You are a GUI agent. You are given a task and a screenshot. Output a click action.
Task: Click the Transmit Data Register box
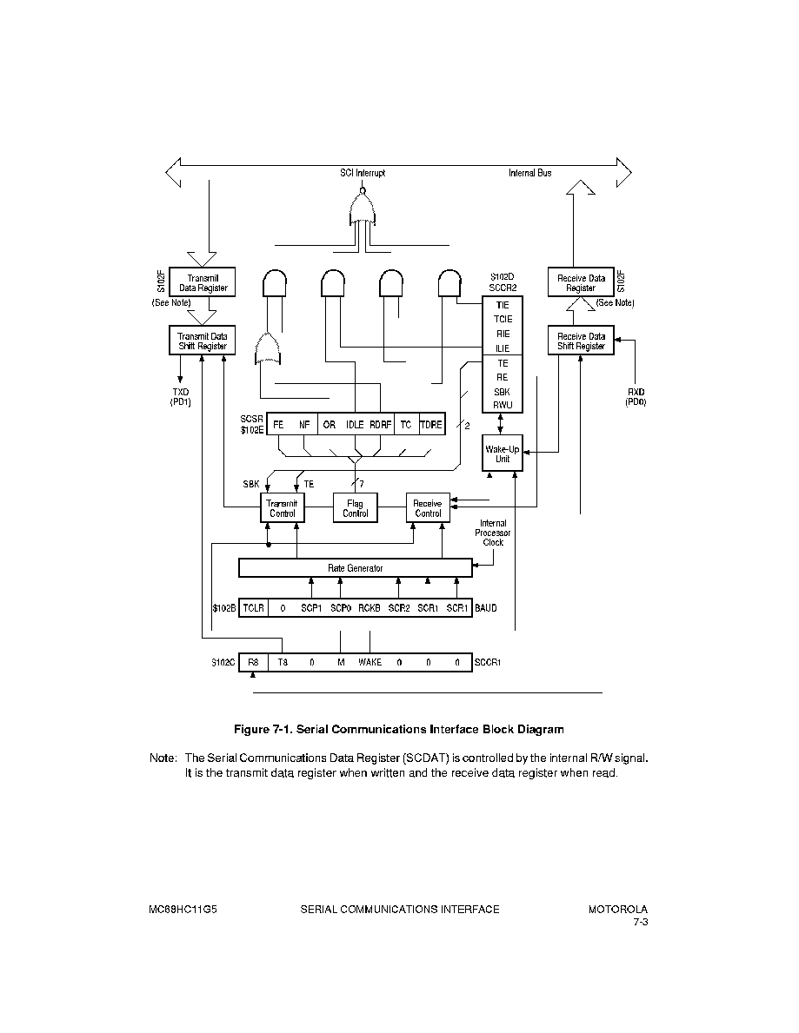click(x=203, y=282)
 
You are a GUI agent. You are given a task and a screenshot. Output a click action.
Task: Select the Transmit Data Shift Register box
click(x=203, y=340)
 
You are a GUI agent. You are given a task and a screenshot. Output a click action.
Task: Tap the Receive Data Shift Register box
click(x=581, y=340)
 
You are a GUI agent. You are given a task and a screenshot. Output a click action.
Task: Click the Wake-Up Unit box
click(x=503, y=454)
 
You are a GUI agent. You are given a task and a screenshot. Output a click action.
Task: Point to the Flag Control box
click(x=356, y=508)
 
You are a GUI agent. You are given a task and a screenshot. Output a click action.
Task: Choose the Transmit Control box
click(x=283, y=508)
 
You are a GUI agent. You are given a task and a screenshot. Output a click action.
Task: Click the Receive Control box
click(x=428, y=508)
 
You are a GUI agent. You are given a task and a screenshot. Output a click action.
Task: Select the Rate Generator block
click(x=356, y=568)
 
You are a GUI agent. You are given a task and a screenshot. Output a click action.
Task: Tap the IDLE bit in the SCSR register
click(x=355, y=425)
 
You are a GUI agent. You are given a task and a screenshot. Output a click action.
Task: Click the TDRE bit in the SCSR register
click(x=431, y=425)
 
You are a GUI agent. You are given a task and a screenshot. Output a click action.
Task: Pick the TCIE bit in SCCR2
click(x=503, y=320)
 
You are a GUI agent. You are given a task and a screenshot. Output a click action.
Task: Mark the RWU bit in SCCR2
click(x=503, y=405)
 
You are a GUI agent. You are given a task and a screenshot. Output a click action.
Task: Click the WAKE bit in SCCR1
click(x=370, y=662)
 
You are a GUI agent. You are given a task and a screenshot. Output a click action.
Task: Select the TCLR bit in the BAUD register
click(x=253, y=608)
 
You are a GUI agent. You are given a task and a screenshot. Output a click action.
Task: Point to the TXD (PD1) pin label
click(x=181, y=396)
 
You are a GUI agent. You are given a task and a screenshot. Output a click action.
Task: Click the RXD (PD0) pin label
click(x=636, y=396)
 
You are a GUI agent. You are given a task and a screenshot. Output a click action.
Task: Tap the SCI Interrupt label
click(x=363, y=173)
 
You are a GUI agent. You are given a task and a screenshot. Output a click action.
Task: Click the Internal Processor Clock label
click(x=492, y=533)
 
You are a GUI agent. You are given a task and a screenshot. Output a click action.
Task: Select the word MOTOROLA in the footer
click(x=617, y=909)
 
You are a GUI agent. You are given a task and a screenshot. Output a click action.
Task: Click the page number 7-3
click(x=641, y=922)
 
